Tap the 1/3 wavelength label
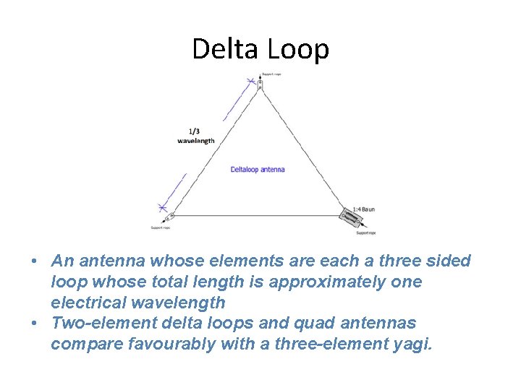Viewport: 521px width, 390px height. click(195, 136)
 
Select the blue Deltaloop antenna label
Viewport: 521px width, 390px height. click(258, 170)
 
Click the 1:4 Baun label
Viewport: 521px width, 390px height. click(363, 209)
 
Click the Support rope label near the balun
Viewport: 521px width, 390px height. click(366, 233)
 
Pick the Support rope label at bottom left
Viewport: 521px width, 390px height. click(161, 227)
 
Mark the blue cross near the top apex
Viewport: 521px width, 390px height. click(252, 82)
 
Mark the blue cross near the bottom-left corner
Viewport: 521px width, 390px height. click(164, 208)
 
